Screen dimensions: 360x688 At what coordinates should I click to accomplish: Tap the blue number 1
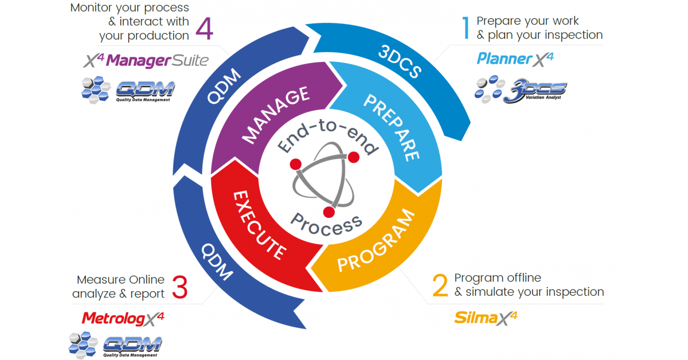point(466,28)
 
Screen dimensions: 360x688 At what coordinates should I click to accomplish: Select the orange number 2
point(440,285)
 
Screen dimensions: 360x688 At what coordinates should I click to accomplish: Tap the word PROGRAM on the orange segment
point(376,241)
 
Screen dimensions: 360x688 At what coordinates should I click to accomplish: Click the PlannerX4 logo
point(515,58)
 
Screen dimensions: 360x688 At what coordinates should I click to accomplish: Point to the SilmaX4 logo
point(485,317)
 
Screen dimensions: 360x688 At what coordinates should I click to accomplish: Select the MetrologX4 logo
point(122,318)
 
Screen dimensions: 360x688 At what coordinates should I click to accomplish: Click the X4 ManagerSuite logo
point(146,60)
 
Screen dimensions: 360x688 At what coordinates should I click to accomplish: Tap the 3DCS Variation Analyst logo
point(521,91)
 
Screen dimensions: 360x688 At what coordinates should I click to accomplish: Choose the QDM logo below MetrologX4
point(115,345)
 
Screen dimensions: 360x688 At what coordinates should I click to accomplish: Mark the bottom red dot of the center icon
point(329,213)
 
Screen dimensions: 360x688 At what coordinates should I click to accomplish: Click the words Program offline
point(498,278)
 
